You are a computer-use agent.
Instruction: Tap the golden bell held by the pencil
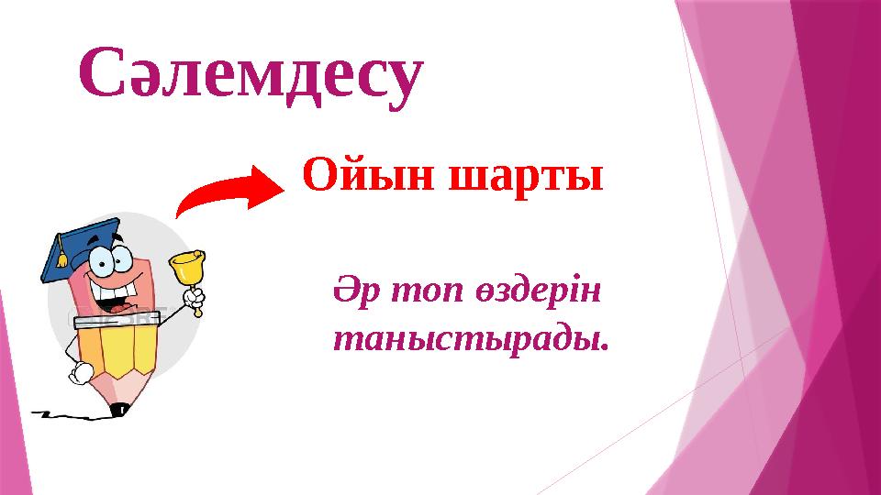[x=186, y=267]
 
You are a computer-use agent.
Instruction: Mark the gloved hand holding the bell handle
[x=194, y=300]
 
